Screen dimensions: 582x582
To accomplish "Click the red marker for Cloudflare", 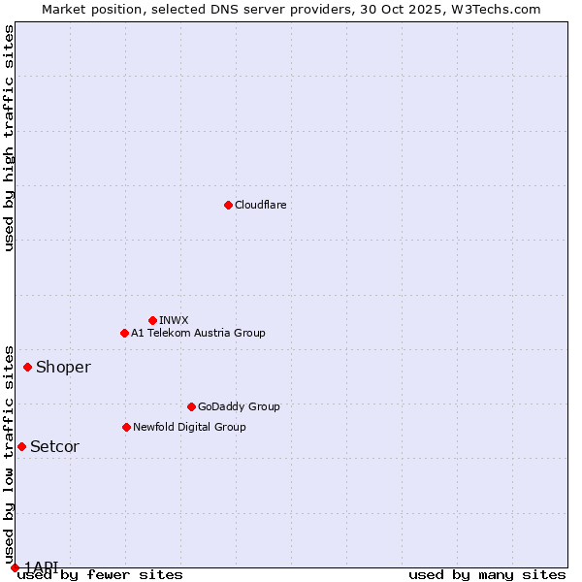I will (228, 205).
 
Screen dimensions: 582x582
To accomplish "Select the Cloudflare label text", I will (260, 205).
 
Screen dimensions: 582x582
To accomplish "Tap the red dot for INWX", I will (152, 320).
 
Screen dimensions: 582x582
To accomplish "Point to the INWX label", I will (174, 320).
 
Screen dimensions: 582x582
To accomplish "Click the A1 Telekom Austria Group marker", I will (124, 333).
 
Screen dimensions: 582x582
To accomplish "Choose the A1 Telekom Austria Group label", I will (198, 333).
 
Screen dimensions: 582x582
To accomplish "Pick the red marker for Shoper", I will (27, 367).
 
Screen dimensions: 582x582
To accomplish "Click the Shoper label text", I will (63, 367).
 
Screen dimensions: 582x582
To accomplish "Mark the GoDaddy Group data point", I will (191, 406).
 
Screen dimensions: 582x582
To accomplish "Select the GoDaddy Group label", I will (239, 406).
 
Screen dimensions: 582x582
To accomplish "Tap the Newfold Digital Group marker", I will (126, 427).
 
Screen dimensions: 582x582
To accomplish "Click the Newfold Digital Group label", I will (189, 427).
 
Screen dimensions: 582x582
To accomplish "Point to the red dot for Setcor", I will (21, 446).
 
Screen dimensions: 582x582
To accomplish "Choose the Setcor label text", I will (54, 446).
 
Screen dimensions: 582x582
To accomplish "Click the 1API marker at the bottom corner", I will (15, 567).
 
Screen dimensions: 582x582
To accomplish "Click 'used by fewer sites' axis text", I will (100, 575).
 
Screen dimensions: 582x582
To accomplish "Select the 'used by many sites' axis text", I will (487, 575).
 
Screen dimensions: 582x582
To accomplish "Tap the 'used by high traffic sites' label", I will (9, 138).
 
